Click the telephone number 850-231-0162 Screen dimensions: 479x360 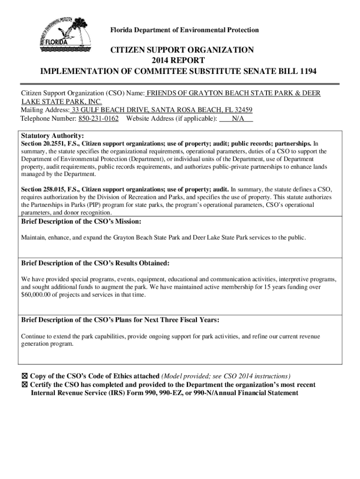(x=98, y=119)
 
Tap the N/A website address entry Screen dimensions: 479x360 (x=237, y=119)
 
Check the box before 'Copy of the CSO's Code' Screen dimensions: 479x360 (x=25, y=376)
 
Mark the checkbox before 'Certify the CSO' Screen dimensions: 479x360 (x=25, y=385)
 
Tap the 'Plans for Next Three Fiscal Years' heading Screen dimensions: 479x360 (x=121, y=320)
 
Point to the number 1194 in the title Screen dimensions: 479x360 (x=307, y=72)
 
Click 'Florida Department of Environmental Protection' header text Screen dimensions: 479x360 (x=184, y=30)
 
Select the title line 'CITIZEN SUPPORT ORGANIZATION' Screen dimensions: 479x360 (x=182, y=50)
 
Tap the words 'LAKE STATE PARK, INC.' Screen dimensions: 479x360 (x=61, y=102)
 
